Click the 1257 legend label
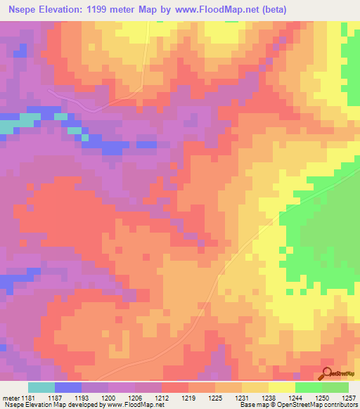[349, 397]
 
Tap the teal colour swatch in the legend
[41, 387]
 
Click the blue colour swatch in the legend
[68, 387]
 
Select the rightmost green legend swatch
[335, 387]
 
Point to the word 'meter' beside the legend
[11, 397]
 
